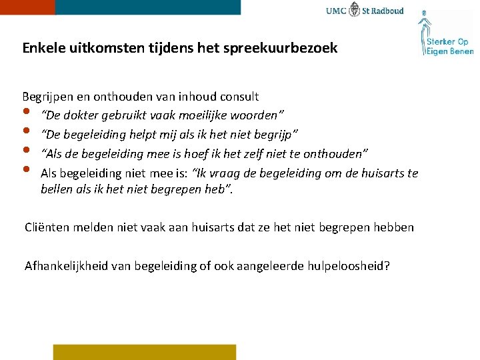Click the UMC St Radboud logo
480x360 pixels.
tap(365, 11)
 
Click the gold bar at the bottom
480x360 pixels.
tap(145, 352)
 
